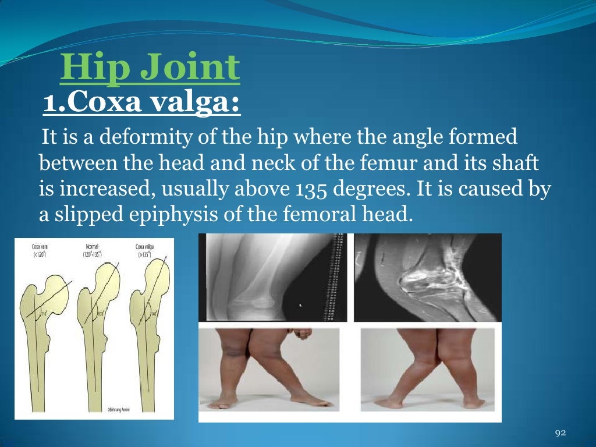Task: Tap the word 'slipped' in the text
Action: point(83,216)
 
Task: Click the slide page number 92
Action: point(560,432)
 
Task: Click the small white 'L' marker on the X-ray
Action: point(301,304)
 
